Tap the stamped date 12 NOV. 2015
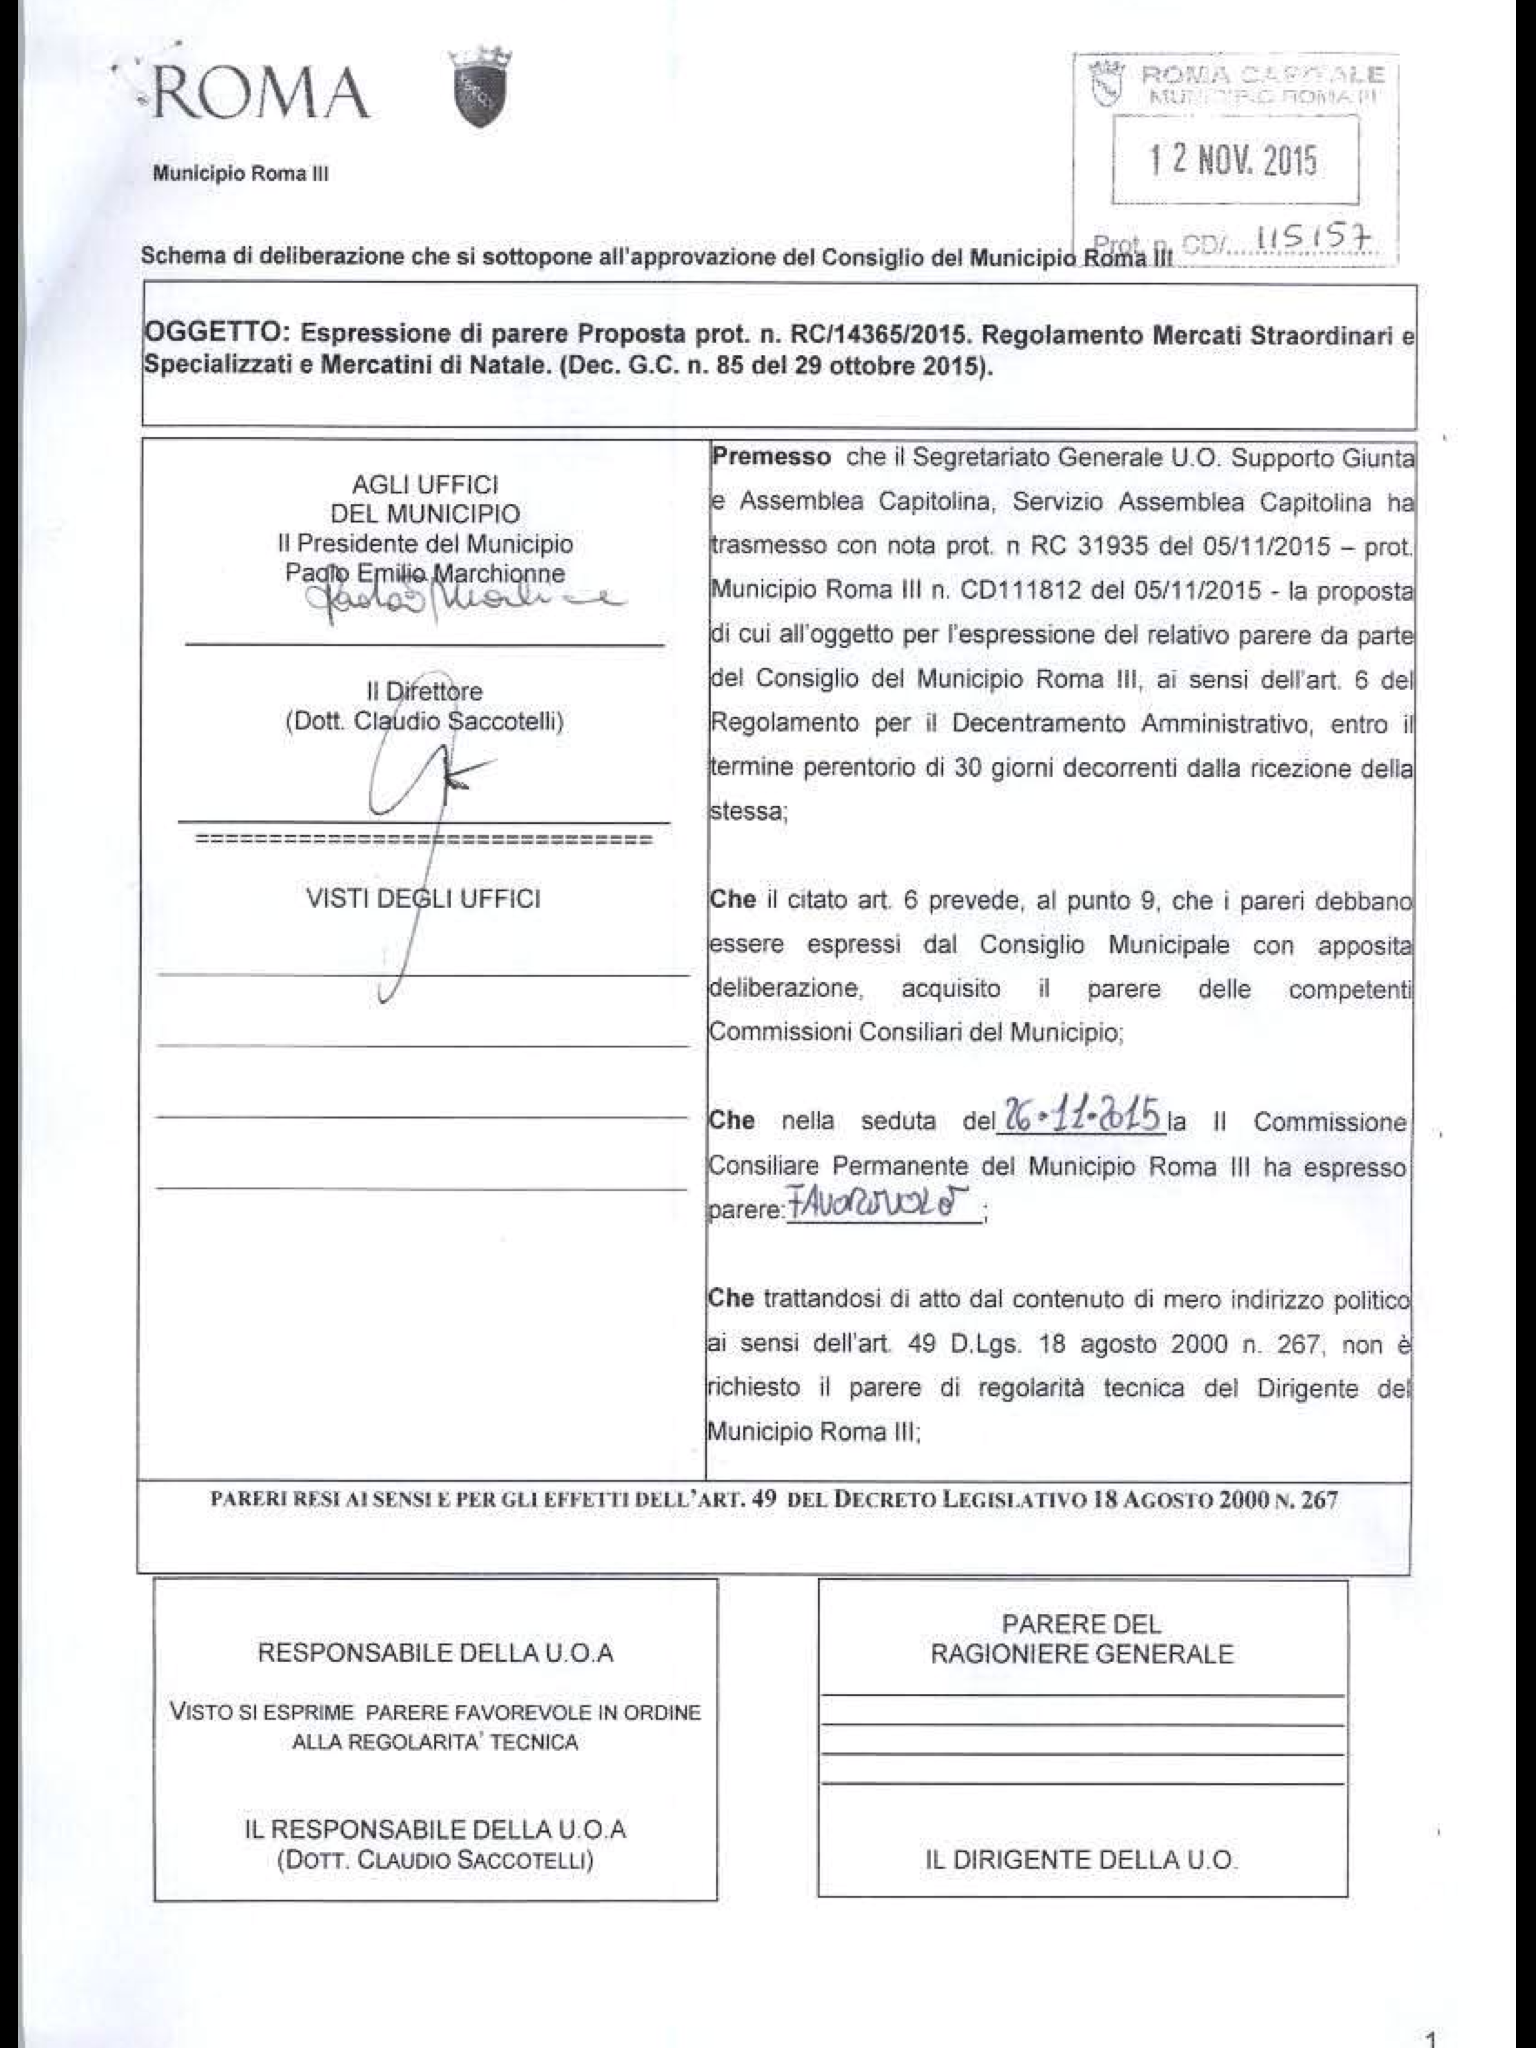click(1234, 160)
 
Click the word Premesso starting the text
click(771, 458)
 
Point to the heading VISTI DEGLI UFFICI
click(423, 898)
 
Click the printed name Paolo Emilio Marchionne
click(425, 574)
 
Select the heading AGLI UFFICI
click(425, 485)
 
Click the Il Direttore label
click(424, 691)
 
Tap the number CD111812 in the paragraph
click(1021, 590)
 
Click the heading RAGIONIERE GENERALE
click(1081, 1654)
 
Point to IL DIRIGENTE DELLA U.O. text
click(1080, 1861)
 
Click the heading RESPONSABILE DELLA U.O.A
click(435, 1653)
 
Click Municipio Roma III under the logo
click(240, 174)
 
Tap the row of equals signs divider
click(424, 840)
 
